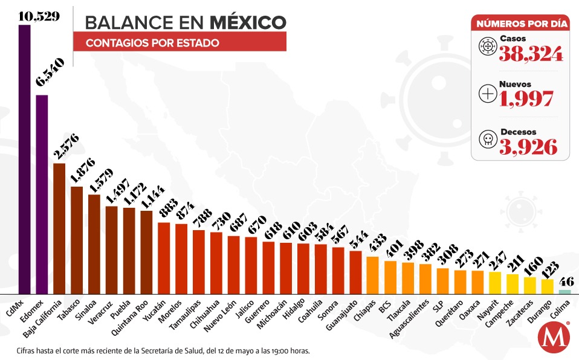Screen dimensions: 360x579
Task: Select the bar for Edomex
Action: [42, 193]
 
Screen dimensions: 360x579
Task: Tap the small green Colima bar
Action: [564, 292]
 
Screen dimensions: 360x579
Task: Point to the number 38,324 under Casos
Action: [531, 54]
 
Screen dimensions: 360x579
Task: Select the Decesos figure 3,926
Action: [527, 146]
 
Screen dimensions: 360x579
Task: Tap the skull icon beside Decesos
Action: [487, 140]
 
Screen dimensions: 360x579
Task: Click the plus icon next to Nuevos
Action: [487, 93]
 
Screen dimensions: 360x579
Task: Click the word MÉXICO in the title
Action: [248, 22]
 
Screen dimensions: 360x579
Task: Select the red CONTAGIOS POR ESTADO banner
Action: [180, 43]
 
